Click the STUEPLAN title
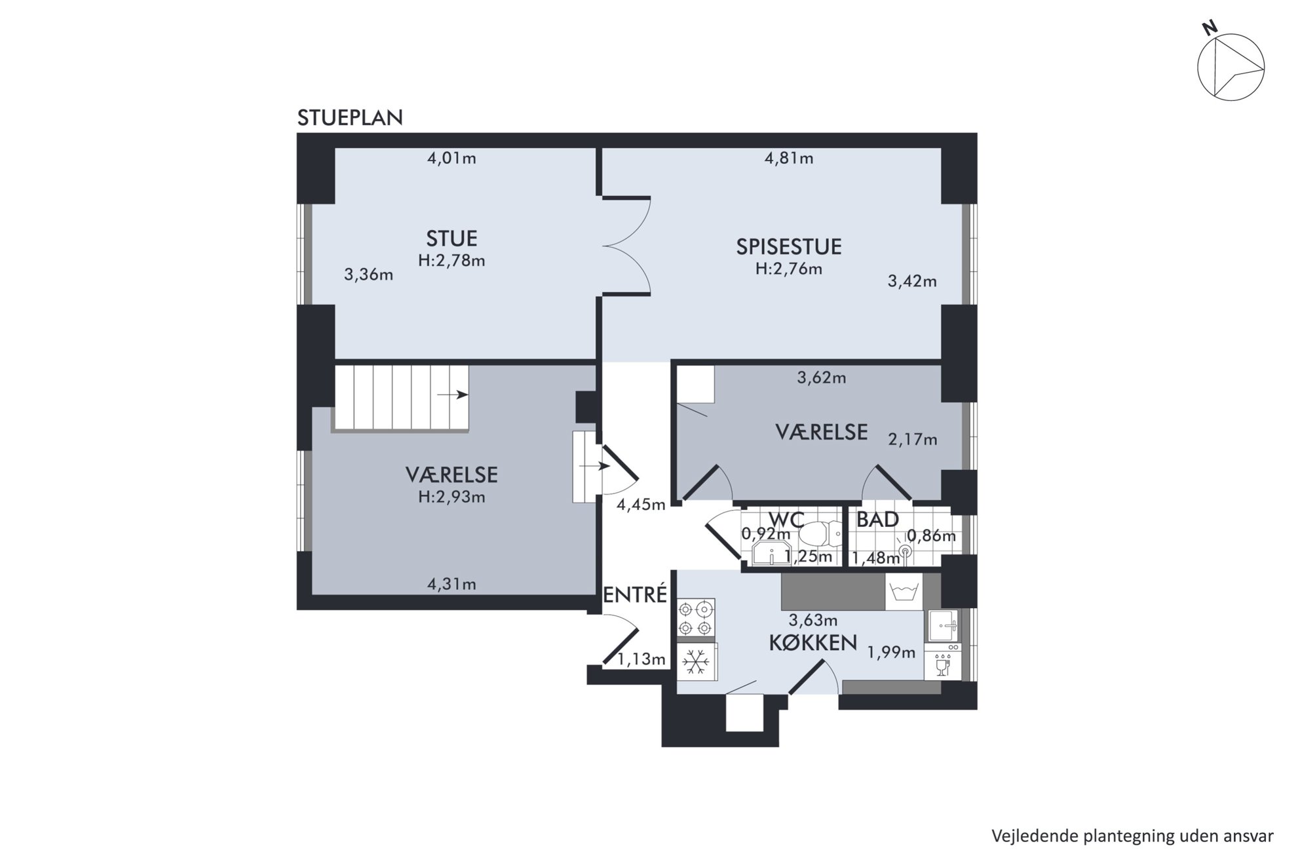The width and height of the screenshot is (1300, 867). [350, 118]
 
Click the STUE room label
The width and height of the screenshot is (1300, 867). [451, 238]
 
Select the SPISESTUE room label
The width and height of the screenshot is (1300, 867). [788, 246]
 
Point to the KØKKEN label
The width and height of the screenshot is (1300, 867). [812, 643]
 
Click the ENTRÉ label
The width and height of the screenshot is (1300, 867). [634, 594]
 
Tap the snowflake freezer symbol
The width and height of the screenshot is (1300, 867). [696, 662]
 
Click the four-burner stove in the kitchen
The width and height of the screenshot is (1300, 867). [696, 619]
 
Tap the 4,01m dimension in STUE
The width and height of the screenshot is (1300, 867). [451, 158]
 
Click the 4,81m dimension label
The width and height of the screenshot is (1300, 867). [789, 158]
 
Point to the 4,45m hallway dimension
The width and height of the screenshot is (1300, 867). [641, 505]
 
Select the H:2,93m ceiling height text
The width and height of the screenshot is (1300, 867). [451, 497]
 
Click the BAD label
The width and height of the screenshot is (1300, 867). [877, 520]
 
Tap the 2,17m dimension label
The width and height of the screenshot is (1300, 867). [912, 439]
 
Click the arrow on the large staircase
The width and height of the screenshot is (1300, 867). [453, 395]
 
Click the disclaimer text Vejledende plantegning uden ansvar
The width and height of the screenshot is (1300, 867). [1132, 836]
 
